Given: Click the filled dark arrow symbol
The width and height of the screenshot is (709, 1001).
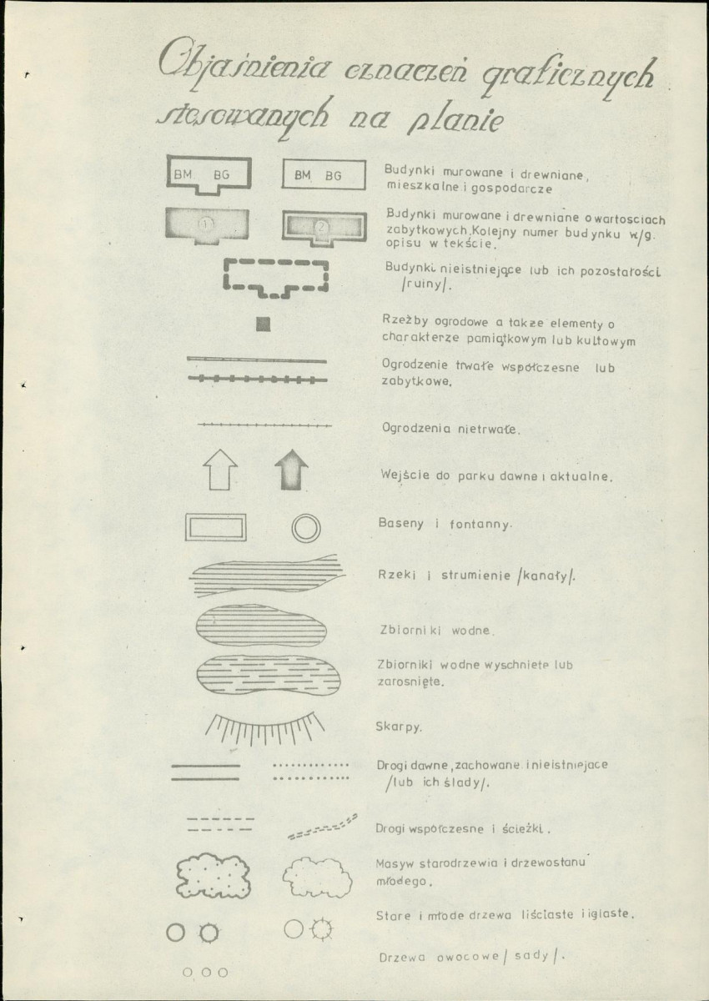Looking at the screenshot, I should (x=291, y=471).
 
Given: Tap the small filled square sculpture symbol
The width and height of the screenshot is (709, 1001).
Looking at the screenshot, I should (x=264, y=324).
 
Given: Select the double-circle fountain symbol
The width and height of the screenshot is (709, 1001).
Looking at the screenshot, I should (x=305, y=527).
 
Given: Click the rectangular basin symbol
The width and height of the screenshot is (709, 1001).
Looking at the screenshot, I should (x=216, y=527).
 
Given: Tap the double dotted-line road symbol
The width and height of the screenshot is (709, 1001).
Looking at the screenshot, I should (x=311, y=771).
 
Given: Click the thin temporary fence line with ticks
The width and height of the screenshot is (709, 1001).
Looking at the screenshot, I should (x=264, y=425).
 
